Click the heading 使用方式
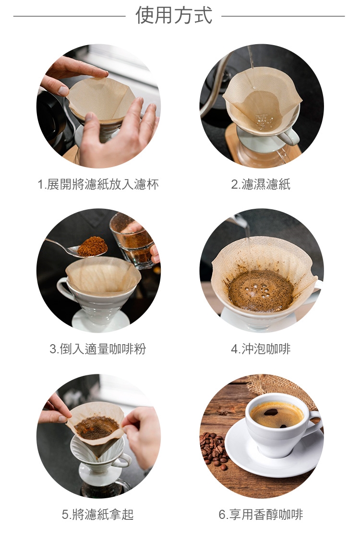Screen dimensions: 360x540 tap(174, 15)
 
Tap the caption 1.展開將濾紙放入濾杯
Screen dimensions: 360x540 tap(98, 185)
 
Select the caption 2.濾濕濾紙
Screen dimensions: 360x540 tap(261, 185)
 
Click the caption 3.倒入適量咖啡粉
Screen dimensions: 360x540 tap(98, 349)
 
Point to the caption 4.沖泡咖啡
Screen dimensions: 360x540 tap(261, 349)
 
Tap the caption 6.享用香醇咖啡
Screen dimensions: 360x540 tap(261, 515)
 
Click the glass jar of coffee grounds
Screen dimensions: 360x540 tap(132, 241)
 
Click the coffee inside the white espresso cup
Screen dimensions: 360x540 tap(276, 415)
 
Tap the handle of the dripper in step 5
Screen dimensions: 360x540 tap(124, 460)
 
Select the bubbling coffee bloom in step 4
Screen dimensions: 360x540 tap(261, 290)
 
